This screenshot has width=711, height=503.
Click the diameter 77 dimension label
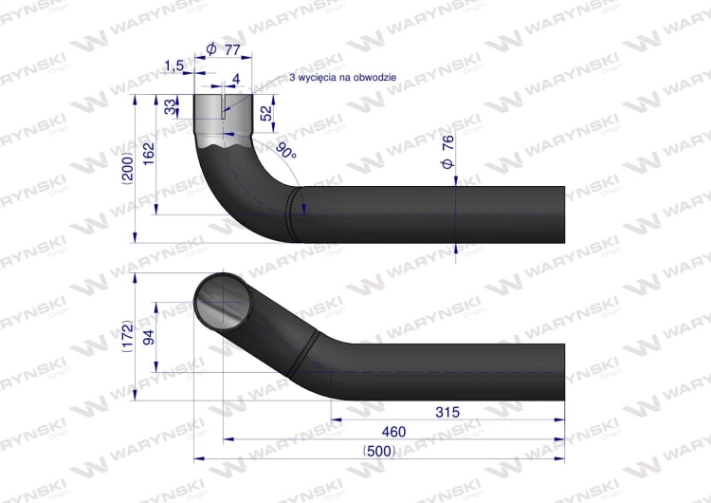[223, 49]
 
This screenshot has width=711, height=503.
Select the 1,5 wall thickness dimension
[174, 65]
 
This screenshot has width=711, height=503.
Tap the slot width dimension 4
[236, 79]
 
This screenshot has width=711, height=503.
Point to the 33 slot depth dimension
[169, 107]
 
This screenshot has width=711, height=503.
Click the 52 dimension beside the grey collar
[267, 113]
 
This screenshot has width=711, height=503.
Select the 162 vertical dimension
[148, 155]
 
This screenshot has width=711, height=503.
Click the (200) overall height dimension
[127, 168]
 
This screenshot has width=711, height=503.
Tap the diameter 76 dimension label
[447, 152]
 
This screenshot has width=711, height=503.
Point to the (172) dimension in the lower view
[127, 336]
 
